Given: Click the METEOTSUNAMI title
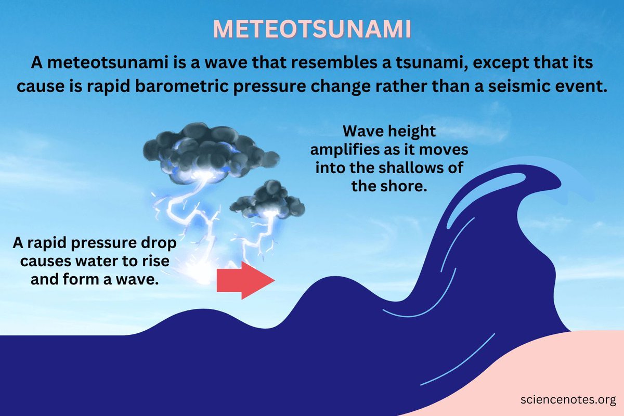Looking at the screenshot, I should click(312, 30).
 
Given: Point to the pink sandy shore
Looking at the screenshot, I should click(562, 364).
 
